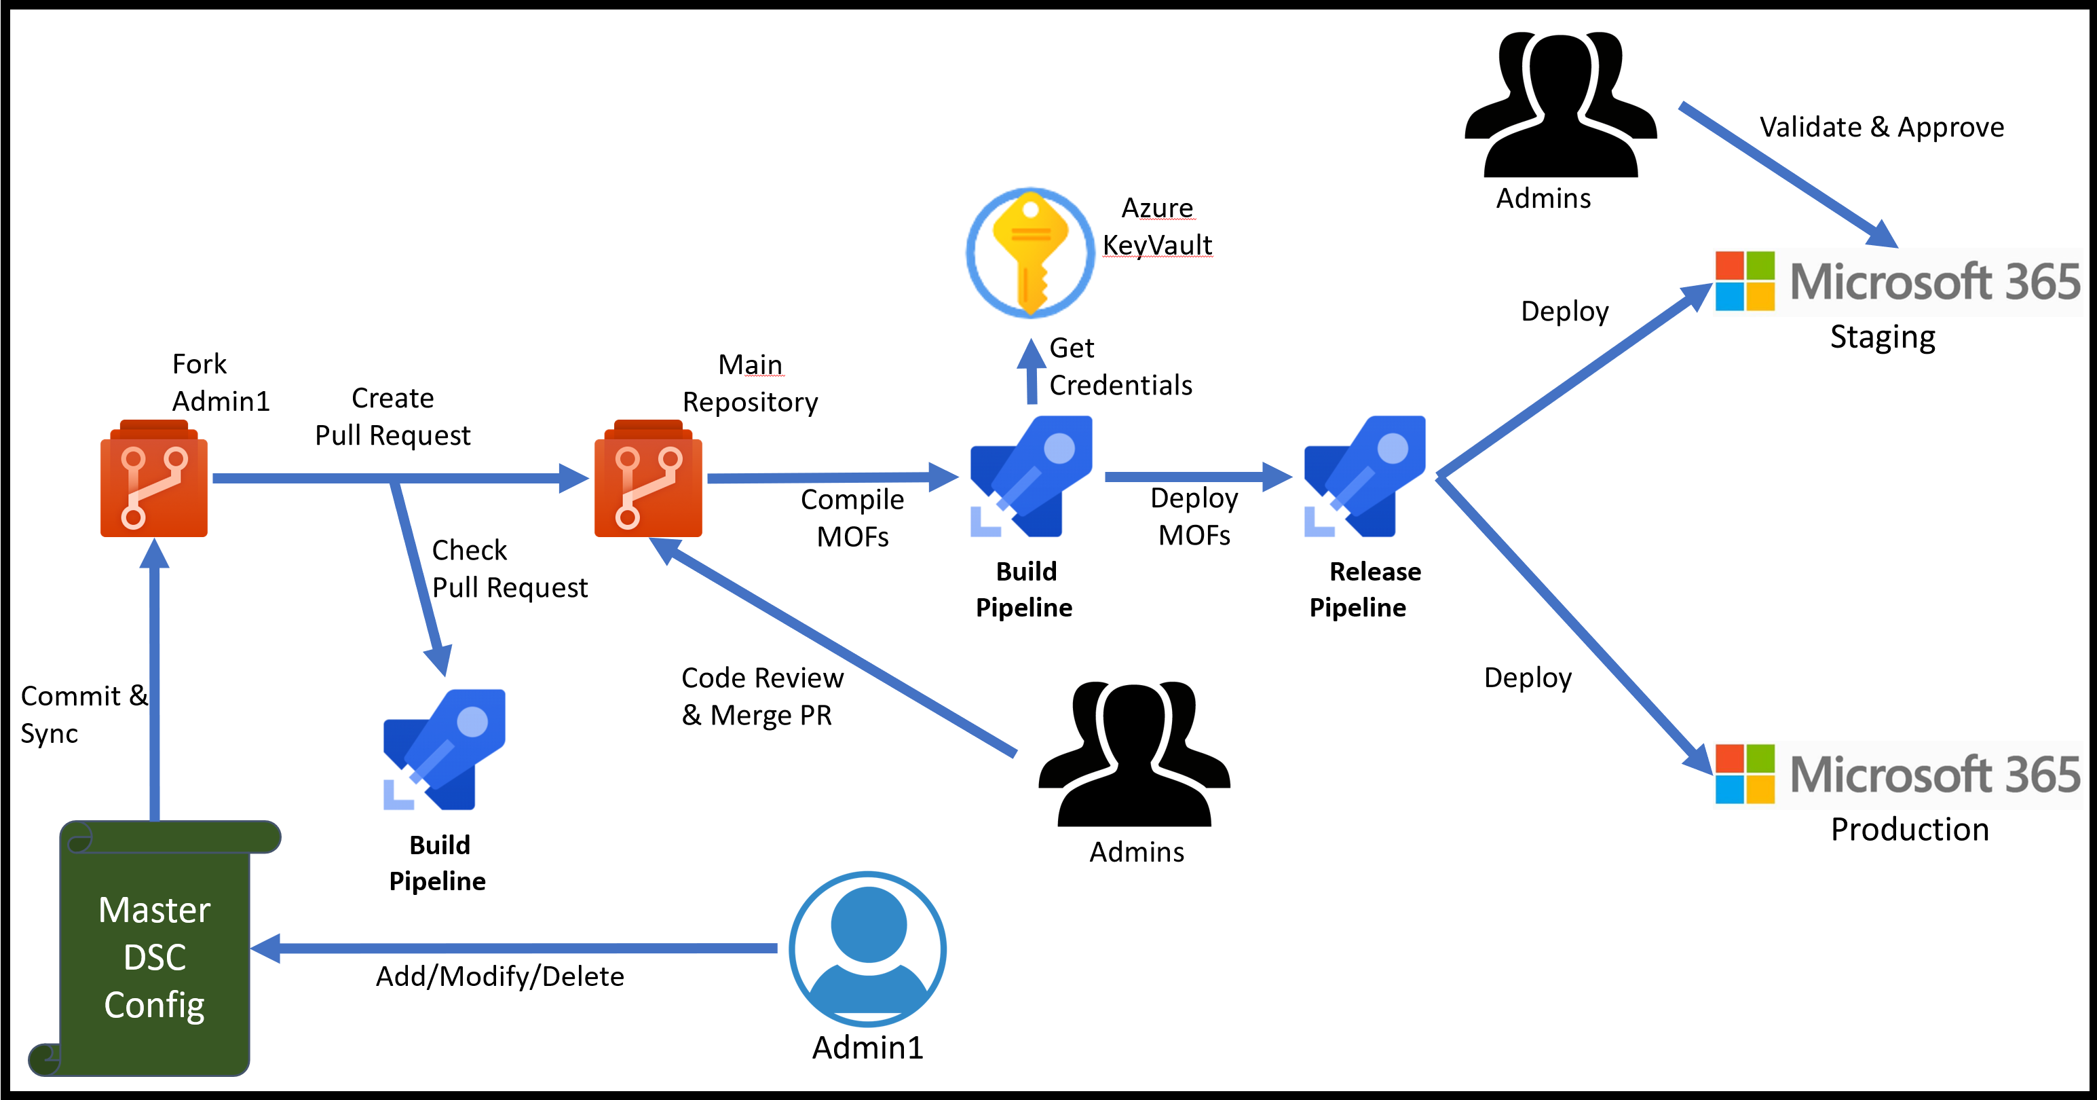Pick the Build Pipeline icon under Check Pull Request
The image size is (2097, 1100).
click(x=445, y=750)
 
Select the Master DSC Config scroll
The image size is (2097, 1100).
click(x=155, y=949)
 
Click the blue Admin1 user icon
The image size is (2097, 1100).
click(x=867, y=949)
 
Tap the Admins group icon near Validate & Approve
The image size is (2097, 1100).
click(x=1560, y=105)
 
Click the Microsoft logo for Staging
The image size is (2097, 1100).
click(x=1745, y=281)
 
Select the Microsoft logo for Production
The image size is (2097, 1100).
click(x=1745, y=774)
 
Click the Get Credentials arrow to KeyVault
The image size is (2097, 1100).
click(x=1032, y=371)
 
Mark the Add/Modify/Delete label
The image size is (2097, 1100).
click(x=500, y=976)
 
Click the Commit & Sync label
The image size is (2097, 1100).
click(x=81, y=714)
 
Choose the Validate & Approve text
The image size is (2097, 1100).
click(x=1881, y=127)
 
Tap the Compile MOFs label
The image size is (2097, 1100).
click(x=852, y=518)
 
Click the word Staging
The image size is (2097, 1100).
click(x=1882, y=337)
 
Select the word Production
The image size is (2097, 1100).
click(x=1909, y=830)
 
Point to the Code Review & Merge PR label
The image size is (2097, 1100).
click(x=762, y=696)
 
